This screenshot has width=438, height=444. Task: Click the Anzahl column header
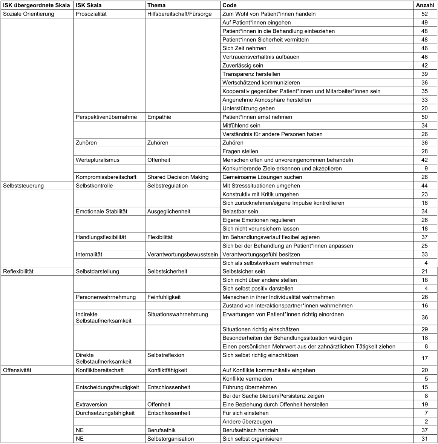(424, 5)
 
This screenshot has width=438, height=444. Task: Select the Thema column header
(156, 5)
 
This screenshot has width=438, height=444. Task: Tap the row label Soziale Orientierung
(29, 14)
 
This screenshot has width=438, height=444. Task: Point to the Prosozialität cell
(91, 14)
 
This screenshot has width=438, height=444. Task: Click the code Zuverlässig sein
(243, 66)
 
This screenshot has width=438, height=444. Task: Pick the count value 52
(425, 14)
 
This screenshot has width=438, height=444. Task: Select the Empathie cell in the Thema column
(159, 117)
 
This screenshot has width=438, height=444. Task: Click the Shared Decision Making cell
(178, 177)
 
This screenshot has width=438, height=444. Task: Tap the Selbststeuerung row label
(23, 186)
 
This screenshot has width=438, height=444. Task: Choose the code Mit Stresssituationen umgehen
(261, 186)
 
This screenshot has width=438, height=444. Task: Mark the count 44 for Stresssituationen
(425, 186)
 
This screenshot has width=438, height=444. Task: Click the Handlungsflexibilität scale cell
(101, 237)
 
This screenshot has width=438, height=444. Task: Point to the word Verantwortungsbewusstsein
(182, 254)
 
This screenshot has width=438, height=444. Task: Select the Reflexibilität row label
(18, 271)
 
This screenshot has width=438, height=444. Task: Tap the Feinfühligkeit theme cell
(164, 297)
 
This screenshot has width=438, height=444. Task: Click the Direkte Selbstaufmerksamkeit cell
(104, 358)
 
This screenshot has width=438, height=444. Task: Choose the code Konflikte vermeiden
(247, 379)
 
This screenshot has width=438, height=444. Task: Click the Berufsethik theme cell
(161, 430)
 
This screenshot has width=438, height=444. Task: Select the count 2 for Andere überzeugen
(425, 422)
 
